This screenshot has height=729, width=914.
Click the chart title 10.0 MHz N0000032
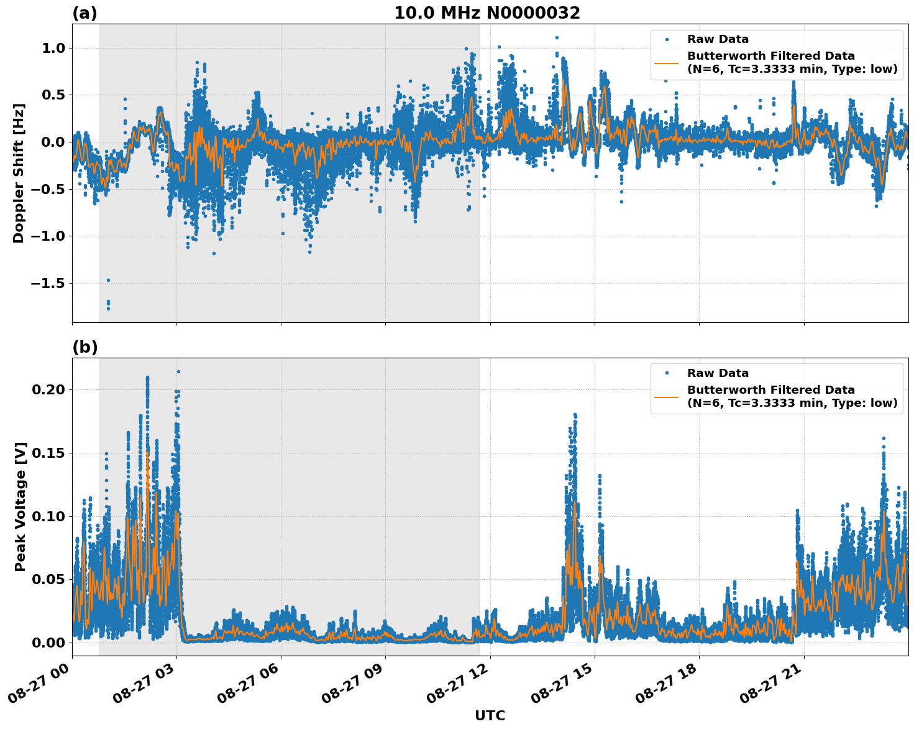487,13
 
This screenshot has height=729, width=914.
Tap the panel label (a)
85,13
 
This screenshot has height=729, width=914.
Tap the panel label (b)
85,347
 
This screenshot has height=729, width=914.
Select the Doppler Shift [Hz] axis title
19,173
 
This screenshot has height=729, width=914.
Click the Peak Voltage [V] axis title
21,506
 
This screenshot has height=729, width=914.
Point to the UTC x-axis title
490,715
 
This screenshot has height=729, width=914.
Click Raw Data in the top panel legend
718,39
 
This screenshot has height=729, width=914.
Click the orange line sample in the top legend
666,63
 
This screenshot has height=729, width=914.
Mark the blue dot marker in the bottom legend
666,373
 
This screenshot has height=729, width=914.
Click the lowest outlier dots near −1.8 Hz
108,306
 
